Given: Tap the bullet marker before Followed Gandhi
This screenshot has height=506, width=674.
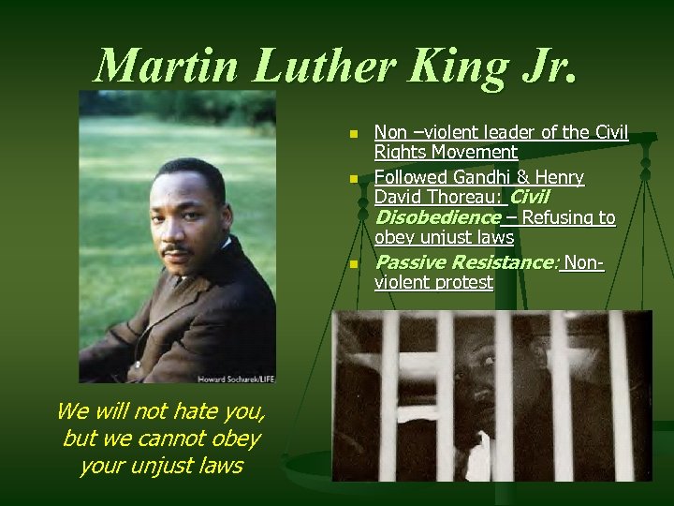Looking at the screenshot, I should coord(353,179).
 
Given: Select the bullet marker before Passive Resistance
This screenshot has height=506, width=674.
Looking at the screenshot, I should coord(353,265).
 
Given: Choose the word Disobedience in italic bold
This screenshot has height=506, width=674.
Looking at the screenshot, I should coord(436,217).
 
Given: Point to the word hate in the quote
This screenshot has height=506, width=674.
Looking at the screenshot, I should coord(188,410).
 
